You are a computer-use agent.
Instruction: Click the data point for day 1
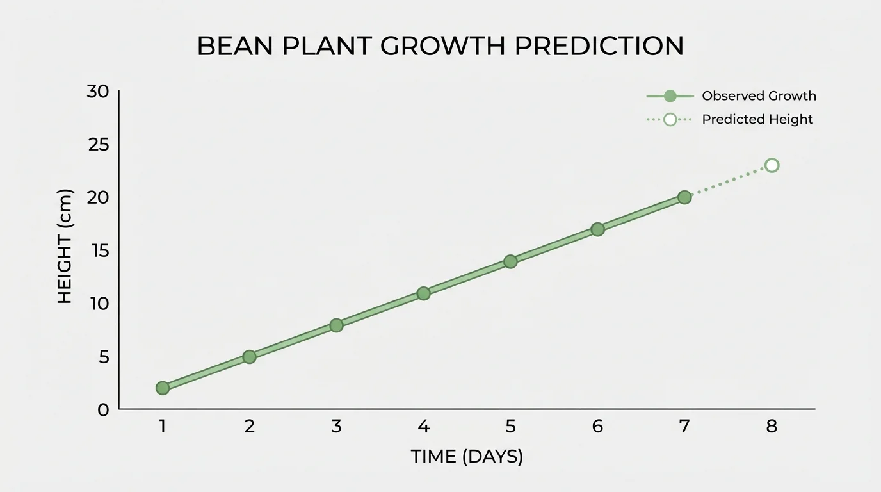coord(163,388)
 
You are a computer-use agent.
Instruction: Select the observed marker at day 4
coord(423,293)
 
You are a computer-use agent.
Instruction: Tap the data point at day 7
coord(684,197)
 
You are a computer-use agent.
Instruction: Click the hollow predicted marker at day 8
coord(772,165)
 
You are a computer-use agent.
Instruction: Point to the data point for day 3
coord(336,325)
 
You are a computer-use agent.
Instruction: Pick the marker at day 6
coord(597,229)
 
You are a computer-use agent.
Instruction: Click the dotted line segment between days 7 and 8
coord(728,181)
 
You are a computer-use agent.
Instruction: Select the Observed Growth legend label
coord(759,96)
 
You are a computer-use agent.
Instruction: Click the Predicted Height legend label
coord(757,119)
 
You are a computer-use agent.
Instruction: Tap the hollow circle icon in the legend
coord(670,119)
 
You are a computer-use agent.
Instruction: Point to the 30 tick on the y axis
coord(98,92)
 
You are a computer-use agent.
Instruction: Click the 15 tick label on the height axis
coord(99,250)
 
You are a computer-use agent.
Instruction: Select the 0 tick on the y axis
coord(104,409)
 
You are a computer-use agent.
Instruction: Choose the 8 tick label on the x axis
coord(772,426)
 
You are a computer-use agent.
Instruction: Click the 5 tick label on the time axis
coord(510,426)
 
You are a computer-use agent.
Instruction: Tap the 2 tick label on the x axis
coord(249,426)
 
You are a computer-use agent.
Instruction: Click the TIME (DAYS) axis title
coord(467,457)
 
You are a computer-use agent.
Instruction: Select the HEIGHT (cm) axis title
coord(65,246)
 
